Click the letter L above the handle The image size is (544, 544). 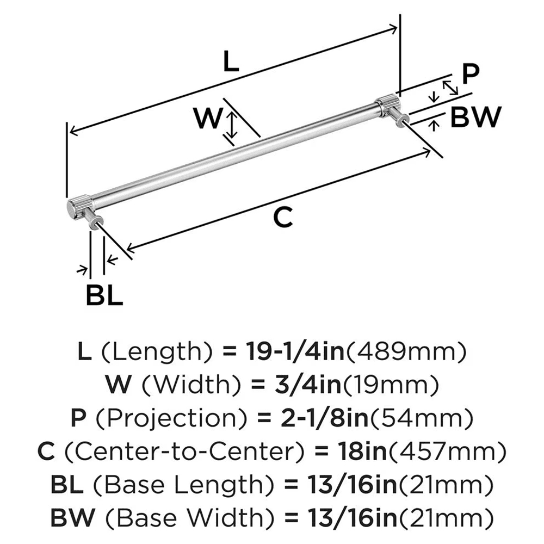231,63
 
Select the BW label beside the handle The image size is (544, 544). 474,116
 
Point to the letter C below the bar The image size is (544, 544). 283,218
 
